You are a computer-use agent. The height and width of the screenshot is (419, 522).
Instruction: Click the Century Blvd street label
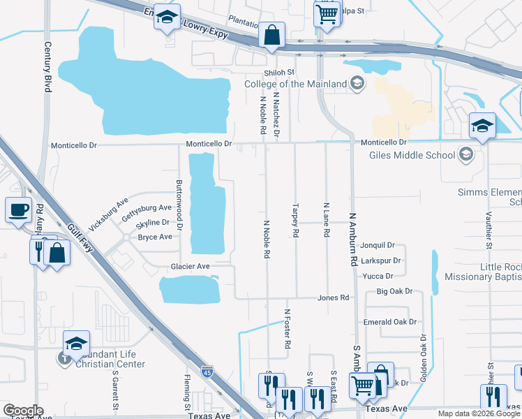tap(48, 68)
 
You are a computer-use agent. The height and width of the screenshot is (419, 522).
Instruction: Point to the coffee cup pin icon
tap(19, 209)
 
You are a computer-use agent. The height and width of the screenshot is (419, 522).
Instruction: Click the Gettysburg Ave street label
tap(147, 208)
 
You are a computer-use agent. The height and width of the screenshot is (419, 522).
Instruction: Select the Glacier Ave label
tap(191, 266)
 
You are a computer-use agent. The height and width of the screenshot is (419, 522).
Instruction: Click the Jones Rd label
tap(333, 298)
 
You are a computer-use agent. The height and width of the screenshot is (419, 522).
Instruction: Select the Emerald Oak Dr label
tap(389, 322)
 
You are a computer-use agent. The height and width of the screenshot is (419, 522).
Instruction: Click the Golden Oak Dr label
tap(423, 357)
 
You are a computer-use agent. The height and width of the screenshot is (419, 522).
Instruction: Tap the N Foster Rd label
tap(287, 329)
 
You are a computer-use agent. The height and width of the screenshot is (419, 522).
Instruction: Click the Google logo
tap(23, 410)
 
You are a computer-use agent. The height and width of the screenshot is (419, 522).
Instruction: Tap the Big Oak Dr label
tap(395, 291)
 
